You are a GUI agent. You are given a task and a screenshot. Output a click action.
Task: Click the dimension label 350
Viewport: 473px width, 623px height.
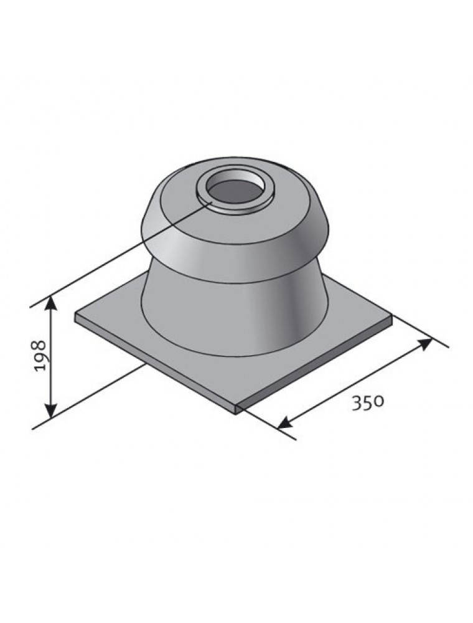[x=368, y=402]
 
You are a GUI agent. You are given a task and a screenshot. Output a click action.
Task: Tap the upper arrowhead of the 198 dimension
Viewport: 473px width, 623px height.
[x=50, y=304]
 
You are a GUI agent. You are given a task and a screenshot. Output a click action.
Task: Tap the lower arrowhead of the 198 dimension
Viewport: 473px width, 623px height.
[x=50, y=411]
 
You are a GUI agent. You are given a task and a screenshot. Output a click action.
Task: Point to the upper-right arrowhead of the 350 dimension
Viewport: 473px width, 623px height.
[x=424, y=344]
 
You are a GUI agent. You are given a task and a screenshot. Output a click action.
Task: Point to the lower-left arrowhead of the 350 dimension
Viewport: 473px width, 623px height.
[x=285, y=423]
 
